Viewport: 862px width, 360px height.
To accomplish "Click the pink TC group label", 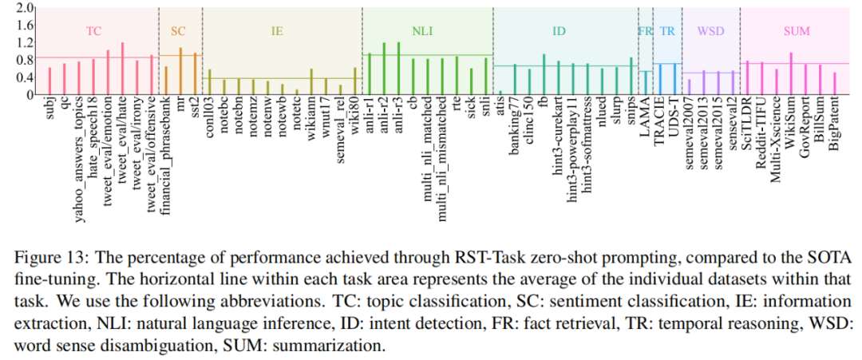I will (x=93, y=31).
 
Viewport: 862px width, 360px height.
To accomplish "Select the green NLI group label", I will (x=422, y=31).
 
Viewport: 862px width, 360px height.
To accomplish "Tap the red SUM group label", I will (x=797, y=31).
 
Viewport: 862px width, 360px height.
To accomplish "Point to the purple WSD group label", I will (x=710, y=31).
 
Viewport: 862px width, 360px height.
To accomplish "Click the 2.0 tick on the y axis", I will (x=24, y=8).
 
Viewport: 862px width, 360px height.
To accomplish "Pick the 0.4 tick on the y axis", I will (x=24, y=77).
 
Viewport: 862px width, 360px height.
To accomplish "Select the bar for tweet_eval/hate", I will (x=122, y=69).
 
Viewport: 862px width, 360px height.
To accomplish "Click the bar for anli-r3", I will (x=398, y=69).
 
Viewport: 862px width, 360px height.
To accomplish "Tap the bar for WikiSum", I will (x=791, y=73).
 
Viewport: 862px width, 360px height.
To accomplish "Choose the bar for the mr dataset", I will (x=180, y=71).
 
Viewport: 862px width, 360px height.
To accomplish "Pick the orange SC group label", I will (x=179, y=31).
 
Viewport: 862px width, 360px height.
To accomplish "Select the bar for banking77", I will (x=515, y=79).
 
